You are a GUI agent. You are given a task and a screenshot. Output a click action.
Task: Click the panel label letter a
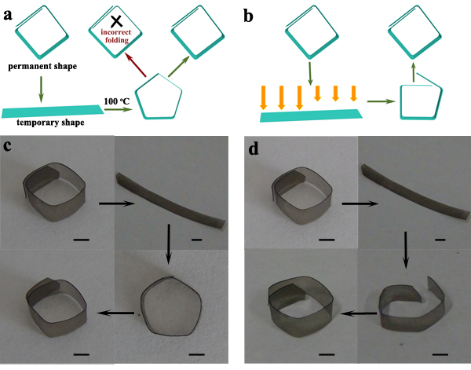coord(9,11)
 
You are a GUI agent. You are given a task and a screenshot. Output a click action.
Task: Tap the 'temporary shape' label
coord(52,122)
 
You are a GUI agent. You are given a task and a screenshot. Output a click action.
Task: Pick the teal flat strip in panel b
coord(310,116)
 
